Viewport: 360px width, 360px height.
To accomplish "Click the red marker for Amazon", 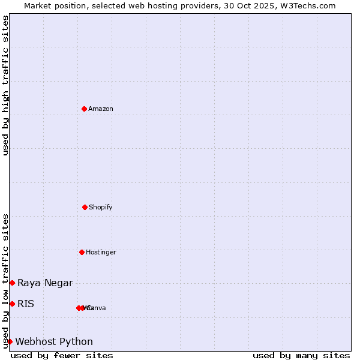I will (84, 109).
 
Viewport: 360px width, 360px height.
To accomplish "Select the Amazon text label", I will (101, 109).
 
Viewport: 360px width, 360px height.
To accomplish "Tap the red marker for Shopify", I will (85, 207).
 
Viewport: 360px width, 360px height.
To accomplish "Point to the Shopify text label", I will (101, 208).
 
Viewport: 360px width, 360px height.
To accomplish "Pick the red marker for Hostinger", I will (82, 252).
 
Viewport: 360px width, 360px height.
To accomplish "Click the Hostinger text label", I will (101, 253).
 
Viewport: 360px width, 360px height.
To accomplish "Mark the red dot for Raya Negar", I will (12, 283).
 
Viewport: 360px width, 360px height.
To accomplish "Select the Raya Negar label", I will (45, 283).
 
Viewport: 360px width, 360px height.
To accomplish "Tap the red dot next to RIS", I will (12, 304).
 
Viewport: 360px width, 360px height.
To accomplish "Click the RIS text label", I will (26, 304).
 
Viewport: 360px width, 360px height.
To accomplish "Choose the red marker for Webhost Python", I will (10, 341).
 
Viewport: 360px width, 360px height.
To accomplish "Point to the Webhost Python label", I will (54, 342).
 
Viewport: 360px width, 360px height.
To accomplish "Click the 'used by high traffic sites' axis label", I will (5, 85).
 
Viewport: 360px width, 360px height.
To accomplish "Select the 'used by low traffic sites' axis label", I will (5, 280).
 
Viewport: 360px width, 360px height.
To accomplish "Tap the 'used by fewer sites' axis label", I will (62, 356).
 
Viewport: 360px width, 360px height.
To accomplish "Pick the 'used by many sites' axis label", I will (301, 356).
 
